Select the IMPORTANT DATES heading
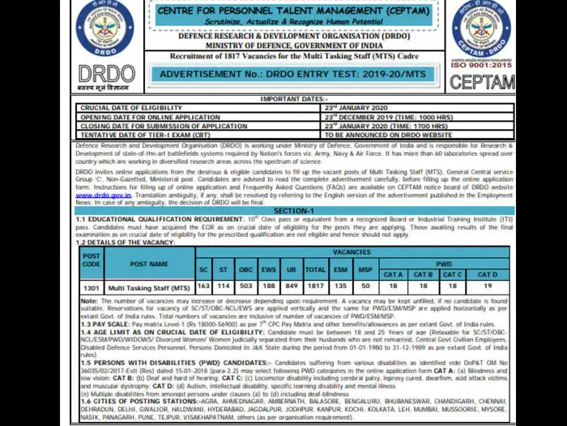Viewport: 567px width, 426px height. (x=292, y=98)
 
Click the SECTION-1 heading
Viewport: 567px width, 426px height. (x=293, y=210)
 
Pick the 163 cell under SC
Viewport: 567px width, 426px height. (x=203, y=286)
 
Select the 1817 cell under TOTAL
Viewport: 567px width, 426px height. (x=315, y=286)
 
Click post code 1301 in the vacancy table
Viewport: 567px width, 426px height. (x=92, y=287)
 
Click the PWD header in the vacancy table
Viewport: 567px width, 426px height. (x=444, y=264)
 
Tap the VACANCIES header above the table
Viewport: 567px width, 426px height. (x=352, y=252)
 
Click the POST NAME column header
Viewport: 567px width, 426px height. (x=149, y=264)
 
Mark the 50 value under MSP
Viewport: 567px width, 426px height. (x=366, y=286)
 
